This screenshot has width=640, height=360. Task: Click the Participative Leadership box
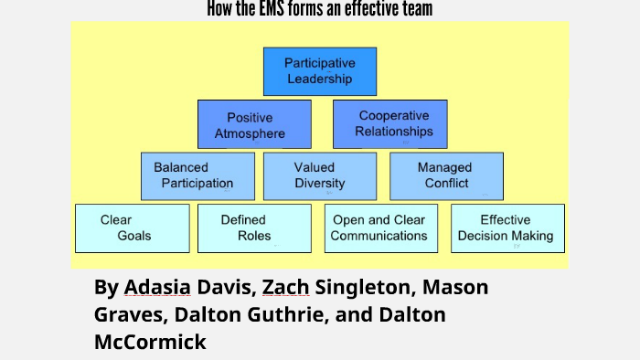[x=320, y=71]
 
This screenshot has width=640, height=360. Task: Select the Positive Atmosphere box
[x=254, y=124]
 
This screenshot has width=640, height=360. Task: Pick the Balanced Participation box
[x=197, y=175]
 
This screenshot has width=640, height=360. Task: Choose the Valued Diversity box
[x=320, y=175]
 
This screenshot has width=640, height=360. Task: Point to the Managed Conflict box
[x=446, y=175]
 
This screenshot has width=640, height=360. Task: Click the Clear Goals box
[x=133, y=228]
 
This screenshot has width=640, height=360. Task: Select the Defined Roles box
[x=253, y=228]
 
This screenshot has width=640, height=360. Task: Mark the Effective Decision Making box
[x=507, y=228]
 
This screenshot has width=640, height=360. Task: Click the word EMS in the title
[x=272, y=9]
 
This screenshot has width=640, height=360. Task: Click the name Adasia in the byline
[x=158, y=287]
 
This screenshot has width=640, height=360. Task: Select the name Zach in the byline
[x=285, y=287]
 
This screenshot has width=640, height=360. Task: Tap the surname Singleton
[x=362, y=287]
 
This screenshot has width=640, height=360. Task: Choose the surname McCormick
[x=150, y=343]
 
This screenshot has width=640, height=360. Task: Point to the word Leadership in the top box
[x=320, y=79]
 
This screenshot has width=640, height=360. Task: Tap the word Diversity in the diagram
[x=320, y=184]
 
